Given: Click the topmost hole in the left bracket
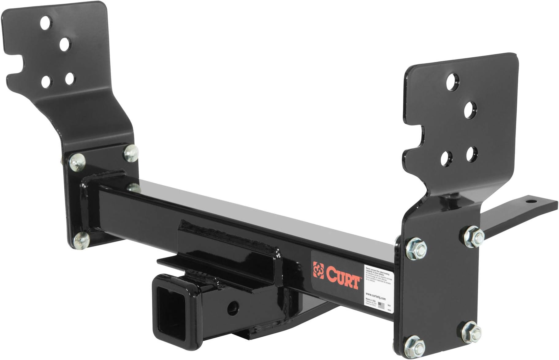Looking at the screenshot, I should (46, 22).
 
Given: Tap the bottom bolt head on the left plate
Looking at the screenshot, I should (82, 240).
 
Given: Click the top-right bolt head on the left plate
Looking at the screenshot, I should (131, 152).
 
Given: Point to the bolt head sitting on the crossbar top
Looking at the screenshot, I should (134, 187).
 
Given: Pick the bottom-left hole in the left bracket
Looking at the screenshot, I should (46, 81).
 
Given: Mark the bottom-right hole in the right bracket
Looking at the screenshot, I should (472, 154).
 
